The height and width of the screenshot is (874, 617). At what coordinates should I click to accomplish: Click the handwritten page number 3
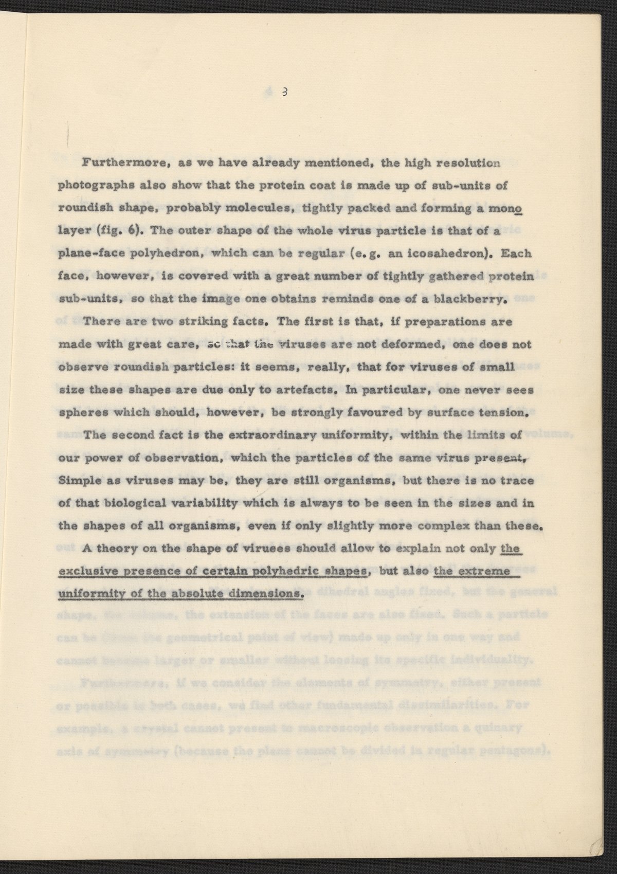click(283, 93)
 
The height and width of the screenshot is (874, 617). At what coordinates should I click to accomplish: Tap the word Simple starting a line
click(78, 481)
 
